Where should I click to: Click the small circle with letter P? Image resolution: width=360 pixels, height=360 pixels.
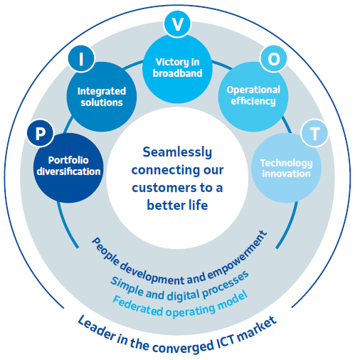click(x=41, y=133)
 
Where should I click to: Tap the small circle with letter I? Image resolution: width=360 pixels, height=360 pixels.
click(x=81, y=58)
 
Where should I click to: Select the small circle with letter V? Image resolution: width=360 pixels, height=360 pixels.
click(x=177, y=24)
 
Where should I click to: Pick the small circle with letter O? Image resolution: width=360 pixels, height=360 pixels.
click(x=274, y=58)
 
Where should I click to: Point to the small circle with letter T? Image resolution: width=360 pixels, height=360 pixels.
click(x=314, y=133)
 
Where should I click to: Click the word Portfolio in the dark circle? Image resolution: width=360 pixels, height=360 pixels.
click(x=68, y=160)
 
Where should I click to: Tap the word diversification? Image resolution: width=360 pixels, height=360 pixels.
click(x=68, y=171)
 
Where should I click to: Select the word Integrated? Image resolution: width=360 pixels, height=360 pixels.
click(x=102, y=91)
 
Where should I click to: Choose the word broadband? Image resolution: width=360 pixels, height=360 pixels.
click(x=178, y=73)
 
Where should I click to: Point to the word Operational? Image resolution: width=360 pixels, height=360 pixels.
click(x=253, y=90)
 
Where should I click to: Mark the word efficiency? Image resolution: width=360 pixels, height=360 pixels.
click(x=253, y=101)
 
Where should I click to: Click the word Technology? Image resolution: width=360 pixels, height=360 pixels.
click(x=286, y=163)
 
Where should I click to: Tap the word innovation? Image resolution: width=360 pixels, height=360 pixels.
click(x=286, y=174)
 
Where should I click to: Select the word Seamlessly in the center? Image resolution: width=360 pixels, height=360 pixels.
click(x=177, y=152)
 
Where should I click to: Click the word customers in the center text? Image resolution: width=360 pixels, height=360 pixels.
click(x=164, y=188)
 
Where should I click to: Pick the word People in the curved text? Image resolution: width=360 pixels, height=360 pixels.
click(x=105, y=252)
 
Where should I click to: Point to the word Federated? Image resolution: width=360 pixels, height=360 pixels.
click(x=137, y=306)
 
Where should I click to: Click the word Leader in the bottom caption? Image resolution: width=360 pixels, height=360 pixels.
click(x=97, y=328)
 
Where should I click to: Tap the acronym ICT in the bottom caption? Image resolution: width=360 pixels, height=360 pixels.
click(x=227, y=341)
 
